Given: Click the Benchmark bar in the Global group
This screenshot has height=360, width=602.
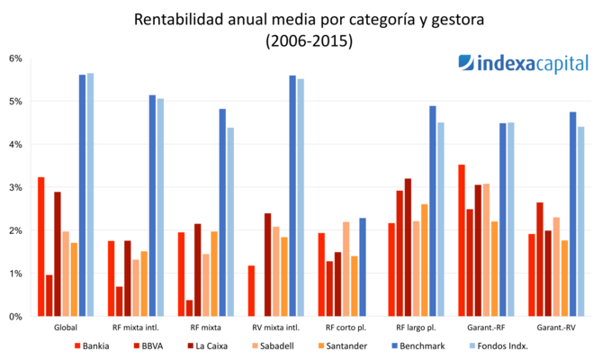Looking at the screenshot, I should click(82, 195).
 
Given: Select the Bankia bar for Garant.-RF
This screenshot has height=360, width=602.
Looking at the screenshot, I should click(462, 240).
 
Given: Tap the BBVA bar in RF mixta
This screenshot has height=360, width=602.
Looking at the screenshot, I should click(189, 308).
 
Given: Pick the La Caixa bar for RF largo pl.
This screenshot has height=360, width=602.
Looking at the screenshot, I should click(408, 247).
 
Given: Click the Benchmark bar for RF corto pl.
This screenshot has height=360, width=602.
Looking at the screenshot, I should click(363, 267).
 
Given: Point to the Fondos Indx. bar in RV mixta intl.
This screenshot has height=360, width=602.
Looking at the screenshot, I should click(301, 197).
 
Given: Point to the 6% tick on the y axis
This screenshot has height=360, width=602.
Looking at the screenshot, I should click(15, 58).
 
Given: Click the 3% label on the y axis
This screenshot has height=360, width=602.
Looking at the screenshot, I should click(15, 187).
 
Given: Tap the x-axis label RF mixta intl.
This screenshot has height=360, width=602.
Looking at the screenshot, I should click(132, 328).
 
